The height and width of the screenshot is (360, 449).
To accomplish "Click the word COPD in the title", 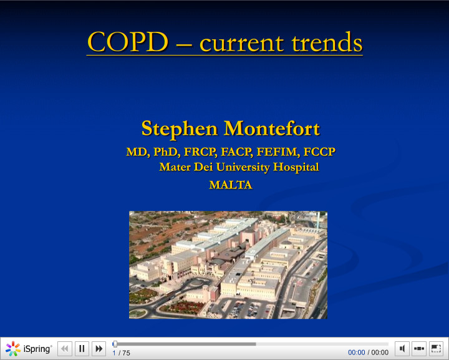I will coord(127,42).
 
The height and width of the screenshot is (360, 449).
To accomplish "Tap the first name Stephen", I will coord(180,129).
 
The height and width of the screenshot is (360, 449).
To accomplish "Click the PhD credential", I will coord(165,152).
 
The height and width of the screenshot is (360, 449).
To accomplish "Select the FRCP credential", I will coord(200,152).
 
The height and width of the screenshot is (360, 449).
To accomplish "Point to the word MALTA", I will coord(230,185).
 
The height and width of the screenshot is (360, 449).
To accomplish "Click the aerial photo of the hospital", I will coord(228,265).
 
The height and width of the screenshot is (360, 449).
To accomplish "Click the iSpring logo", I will coord(29,349).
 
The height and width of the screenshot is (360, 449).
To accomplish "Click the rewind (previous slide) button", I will coord(64,349).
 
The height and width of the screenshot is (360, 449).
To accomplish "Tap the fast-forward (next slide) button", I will coord(99,349).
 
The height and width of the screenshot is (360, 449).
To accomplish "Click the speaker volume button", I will coord(402,349).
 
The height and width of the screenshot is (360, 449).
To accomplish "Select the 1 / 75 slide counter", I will coord(122,353).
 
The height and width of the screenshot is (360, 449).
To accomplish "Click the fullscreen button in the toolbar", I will coord(436,349).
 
